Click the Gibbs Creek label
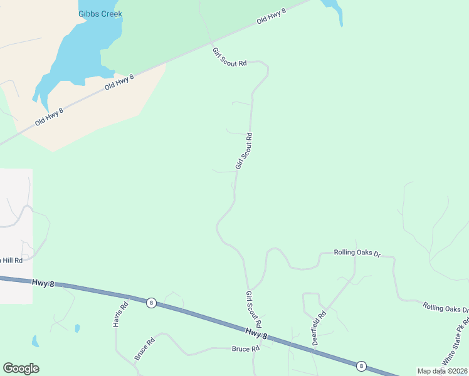tap(100, 14)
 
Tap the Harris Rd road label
tap(120, 315)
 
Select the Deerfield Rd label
tap(319, 328)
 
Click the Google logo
tap(21, 368)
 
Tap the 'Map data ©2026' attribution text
tap(442, 371)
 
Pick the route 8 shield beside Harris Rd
tap(151, 303)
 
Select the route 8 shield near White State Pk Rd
tap(361, 365)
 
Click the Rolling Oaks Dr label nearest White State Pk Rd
tap(445, 308)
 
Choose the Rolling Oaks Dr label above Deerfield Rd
tap(357, 253)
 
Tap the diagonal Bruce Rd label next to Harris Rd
tap(144, 350)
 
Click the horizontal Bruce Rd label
tap(246, 349)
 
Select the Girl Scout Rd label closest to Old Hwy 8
tap(229, 57)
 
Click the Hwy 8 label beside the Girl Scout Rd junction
tap(256, 334)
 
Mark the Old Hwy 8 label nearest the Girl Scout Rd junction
tap(271, 17)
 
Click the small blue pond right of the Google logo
tap(35, 342)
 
